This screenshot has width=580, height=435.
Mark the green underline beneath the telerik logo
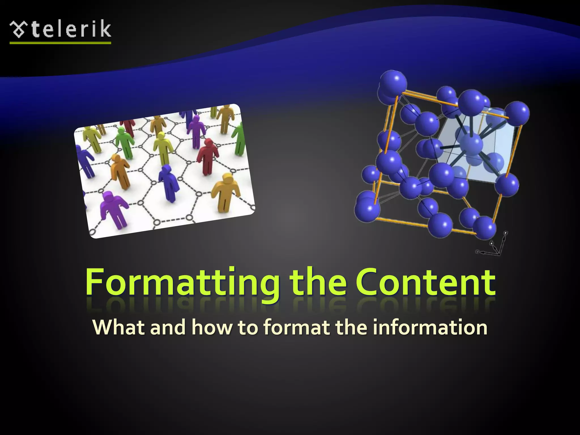pos(60,43)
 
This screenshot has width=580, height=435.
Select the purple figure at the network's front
pos(113,208)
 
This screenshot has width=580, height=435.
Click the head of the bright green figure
pos(121,130)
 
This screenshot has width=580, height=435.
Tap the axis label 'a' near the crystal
pos(506,233)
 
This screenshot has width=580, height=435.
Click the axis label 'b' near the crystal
pos(492,243)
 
